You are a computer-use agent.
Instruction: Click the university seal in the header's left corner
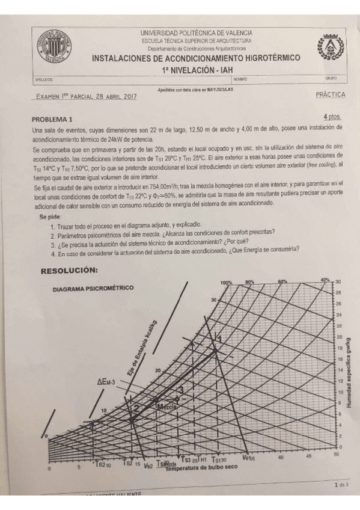[x=56, y=45]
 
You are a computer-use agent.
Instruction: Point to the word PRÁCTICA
[x=330, y=95]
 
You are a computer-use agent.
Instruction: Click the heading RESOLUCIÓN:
[x=69, y=271]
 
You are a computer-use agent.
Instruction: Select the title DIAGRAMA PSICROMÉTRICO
[x=93, y=288]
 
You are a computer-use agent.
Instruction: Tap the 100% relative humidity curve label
[x=226, y=282]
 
